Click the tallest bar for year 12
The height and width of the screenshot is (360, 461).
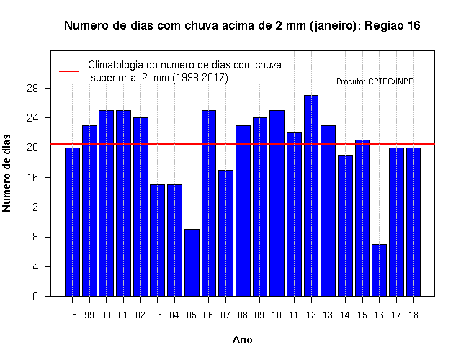tap(311, 195)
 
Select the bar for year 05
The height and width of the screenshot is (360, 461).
tap(192, 262)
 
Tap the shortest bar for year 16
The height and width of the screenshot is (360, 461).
tap(380, 270)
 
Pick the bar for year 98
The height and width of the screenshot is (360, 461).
tap(72, 222)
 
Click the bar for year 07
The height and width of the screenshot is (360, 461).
tap(225, 233)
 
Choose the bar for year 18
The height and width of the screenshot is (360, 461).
tap(413, 222)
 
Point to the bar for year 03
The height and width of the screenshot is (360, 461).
tap(158, 240)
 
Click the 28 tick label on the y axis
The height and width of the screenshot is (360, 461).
tap(32, 88)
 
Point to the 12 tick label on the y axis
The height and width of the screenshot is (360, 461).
tap(32, 207)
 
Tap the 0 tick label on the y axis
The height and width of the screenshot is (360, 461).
tap(35, 296)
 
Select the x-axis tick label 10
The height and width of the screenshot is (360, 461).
tap(277, 315)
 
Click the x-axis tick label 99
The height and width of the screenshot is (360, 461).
tap(89, 315)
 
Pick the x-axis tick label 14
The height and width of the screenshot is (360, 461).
tap(345, 315)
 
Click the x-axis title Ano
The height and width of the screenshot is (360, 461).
tap(243, 340)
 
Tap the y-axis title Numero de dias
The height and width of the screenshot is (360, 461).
tap(6, 173)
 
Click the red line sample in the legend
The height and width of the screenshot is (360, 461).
tap(69, 71)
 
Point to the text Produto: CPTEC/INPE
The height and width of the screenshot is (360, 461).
tap(375, 81)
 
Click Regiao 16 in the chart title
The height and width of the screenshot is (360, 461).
tap(393, 26)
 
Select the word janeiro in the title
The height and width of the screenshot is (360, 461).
tap(333, 26)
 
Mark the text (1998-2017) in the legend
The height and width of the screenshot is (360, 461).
tap(200, 78)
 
